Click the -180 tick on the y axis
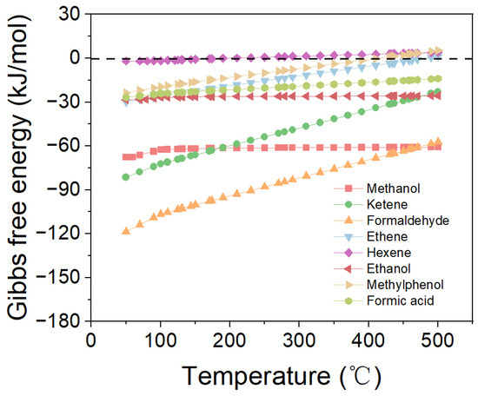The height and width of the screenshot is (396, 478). click(65, 322)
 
